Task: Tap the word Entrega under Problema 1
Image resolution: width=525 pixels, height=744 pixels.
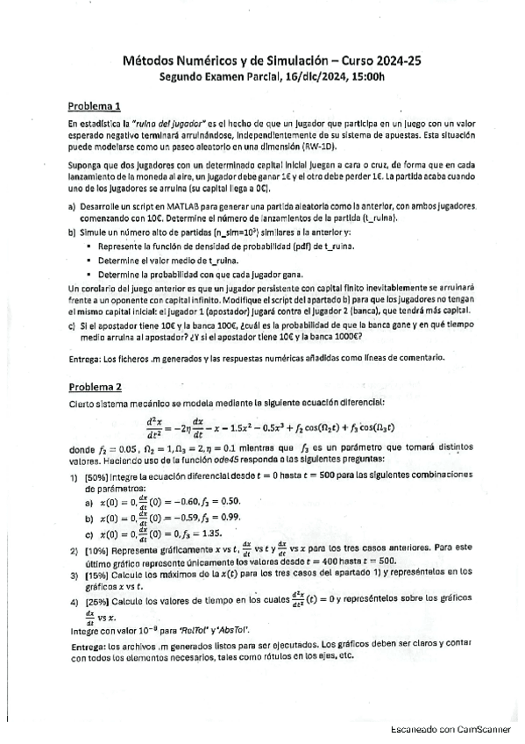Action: pos(84,358)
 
